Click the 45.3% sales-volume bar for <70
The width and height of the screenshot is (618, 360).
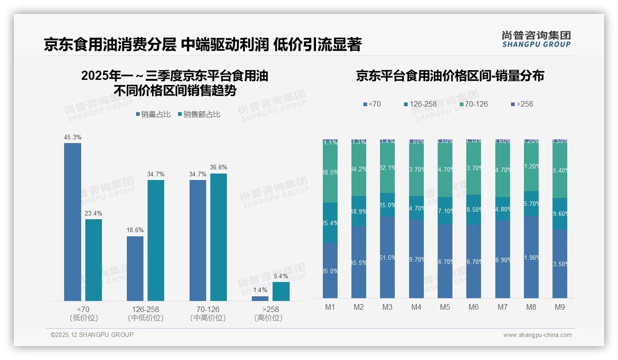[x=72, y=222]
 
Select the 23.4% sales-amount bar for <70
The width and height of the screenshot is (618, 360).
[x=94, y=260]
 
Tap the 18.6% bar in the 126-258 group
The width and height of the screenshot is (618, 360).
[x=135, y=269]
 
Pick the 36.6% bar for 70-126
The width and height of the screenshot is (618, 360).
[x=219, y=237]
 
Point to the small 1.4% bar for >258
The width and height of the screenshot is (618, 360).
[x=260, y=299]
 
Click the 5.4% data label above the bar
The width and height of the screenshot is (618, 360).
[x=281, y=276]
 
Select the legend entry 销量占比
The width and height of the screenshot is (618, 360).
[x=154, y=114]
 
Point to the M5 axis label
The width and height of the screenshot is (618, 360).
[x=445, y=307]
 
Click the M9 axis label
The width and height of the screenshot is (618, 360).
[x=560, y=307]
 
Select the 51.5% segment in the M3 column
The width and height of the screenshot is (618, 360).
[x=387, y=257]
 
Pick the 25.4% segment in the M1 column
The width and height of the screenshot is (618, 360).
[x=330, y=223]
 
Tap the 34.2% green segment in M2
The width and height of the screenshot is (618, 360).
[x=359, y=169]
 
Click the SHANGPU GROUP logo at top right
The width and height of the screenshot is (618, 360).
[x=536, y=39]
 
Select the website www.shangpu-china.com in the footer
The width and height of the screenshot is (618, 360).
[x=537, y=335]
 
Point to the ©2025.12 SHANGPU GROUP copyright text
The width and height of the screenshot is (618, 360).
[x=92, y=335]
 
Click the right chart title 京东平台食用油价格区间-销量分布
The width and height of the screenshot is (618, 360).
[x=450, y=76]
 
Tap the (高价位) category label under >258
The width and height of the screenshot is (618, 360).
[x=268, y=318]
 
